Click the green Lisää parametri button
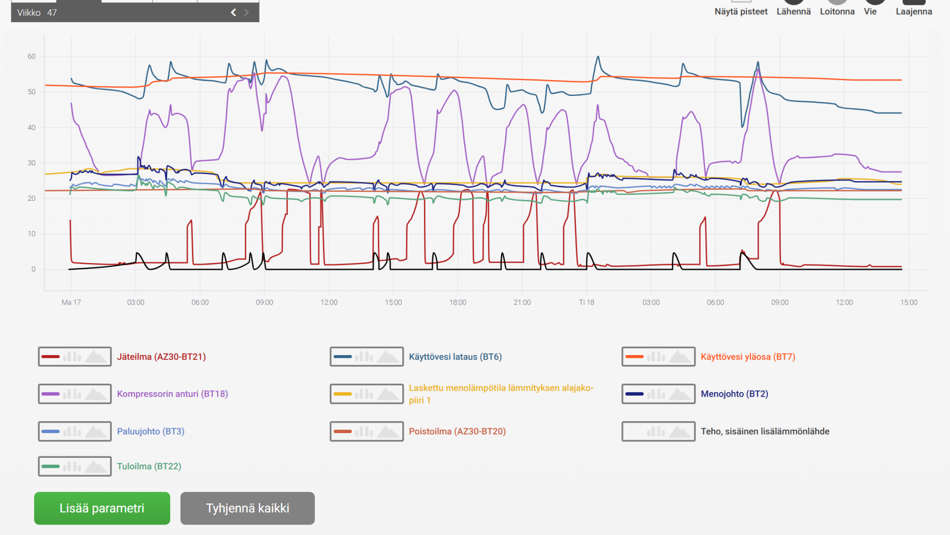pos(102,508)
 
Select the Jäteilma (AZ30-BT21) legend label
pos(161,357)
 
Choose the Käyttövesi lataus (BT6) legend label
pos(455,357)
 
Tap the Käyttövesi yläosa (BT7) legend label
pos(748,357)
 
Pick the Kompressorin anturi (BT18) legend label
pos(172,394)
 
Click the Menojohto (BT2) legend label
pos(734,394)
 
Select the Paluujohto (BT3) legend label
pos(150,431)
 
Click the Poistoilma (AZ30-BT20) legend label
pos(457,431)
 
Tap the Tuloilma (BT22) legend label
pos(149,466)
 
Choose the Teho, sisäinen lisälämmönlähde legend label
pos(765,431)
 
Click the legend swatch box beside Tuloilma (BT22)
pos(75,466)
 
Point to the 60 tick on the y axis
pos(32,56)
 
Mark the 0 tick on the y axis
pos(34,269)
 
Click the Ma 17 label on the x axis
pos(71,302)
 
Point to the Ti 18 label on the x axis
pos(587,302)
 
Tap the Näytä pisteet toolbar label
pos(741,11)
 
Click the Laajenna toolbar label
pos(914,11)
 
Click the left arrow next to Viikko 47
pos(234,12)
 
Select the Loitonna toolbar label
pos(837,11)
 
